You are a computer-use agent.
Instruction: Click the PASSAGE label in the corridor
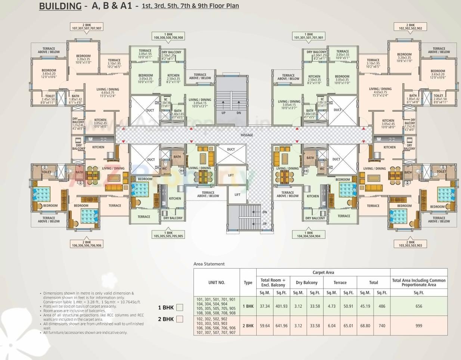247,135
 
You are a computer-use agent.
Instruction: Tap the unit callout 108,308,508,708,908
168,36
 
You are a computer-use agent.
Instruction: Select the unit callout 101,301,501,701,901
309,36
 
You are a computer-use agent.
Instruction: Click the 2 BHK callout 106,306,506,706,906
87,243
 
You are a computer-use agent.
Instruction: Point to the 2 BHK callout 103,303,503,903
410,243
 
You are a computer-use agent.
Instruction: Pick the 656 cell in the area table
418,306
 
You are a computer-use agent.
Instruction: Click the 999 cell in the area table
418,326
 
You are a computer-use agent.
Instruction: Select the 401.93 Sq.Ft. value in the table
281,306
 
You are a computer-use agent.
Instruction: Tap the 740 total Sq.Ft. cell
381,326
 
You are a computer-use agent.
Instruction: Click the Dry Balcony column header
306,283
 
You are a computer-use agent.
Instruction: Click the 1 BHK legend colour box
180,307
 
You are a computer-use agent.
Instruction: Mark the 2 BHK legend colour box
180,319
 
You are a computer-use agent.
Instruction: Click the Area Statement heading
209,264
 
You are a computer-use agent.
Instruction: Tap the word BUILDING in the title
60,6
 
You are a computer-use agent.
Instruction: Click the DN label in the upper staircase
239,113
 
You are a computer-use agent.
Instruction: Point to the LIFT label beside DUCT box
231,175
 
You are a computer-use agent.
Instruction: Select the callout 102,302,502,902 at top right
410,27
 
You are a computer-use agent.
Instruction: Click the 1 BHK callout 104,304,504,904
309,234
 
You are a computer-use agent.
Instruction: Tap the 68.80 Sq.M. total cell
365,326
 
